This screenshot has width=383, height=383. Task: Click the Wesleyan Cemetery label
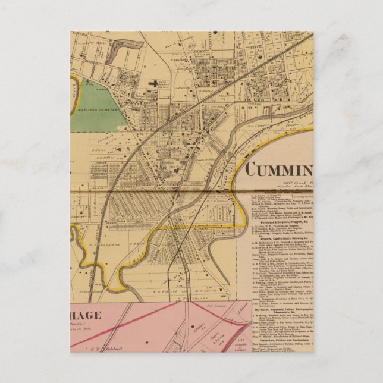pos(97,109)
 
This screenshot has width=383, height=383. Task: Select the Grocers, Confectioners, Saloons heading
pos(279,238)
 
